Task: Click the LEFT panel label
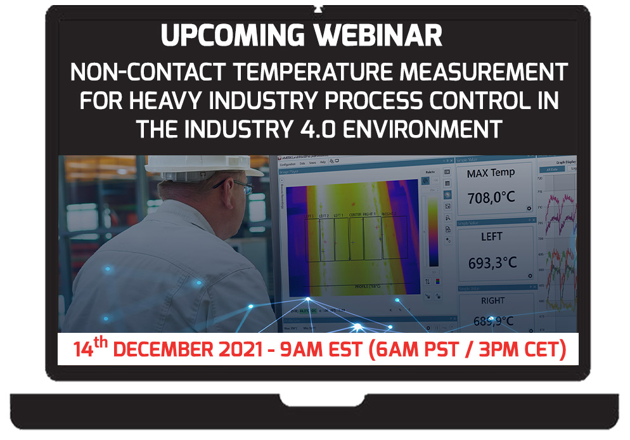coord(491,236)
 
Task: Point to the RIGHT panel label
coord(492,301)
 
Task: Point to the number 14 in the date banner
coord(83,349)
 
